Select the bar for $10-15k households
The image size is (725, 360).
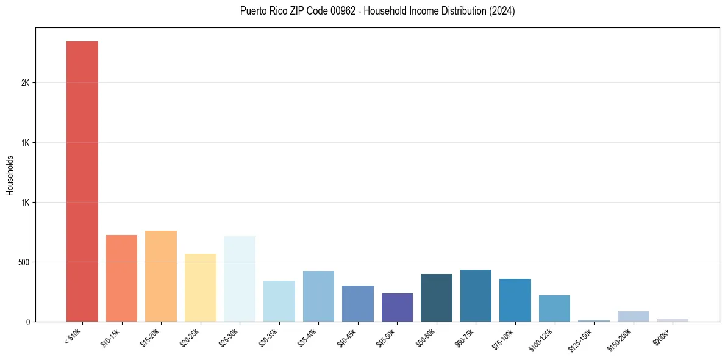click(x=121, y=278)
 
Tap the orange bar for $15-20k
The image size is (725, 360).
click(x=161, y=276)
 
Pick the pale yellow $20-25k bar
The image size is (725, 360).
click(x=201, y=287)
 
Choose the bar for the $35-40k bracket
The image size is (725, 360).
click(x=318, y=296)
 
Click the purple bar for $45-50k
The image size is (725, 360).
click(x=397, y=308)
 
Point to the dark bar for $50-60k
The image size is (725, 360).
click(x=437, y=298)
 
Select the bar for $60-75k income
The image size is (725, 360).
click(x=476, y=295)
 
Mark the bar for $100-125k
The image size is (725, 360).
click(x=554, y=308)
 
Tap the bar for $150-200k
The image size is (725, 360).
click(x=633, y=316)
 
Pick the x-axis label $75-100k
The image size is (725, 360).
click(x=503, y=338)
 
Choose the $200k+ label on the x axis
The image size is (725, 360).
click(x=661, y=335)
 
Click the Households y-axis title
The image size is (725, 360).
click(x=10, y=175)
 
